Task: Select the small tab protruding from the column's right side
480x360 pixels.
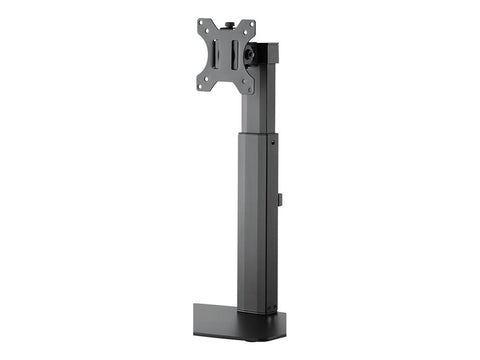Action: [x=281, y=200]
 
